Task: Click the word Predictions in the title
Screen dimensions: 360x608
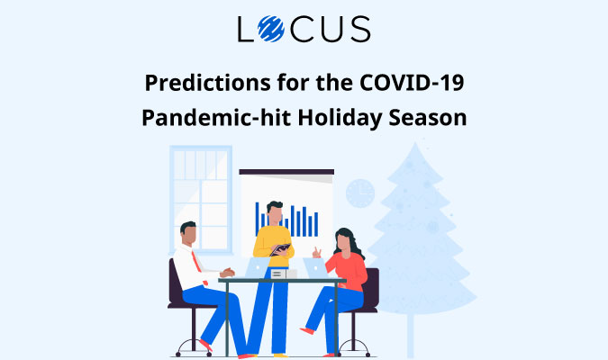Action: click(x=198, y=85)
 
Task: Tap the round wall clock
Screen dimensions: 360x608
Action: click(x=359, y=193)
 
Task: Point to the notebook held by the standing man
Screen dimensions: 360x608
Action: click(x=282, y=248)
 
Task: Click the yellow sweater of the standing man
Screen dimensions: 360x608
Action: click(x=272, y=241)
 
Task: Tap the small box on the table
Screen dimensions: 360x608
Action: click(x=279, y=273)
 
